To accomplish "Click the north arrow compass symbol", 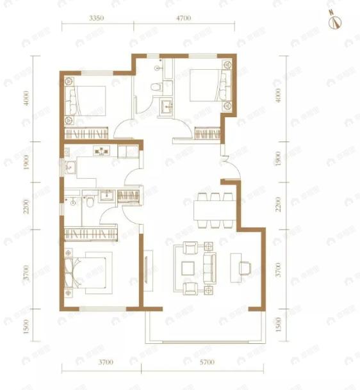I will pyautogui.click(x=333, y=20).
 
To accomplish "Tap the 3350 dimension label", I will pyautogui.click(x=96, y=18).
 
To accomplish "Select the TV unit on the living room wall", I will pyautogui.click(x=147, y=272).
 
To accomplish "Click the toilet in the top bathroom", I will pyautogui.click(x=154, y=87).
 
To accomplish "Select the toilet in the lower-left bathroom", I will pyautogui.click(x=92, y=202).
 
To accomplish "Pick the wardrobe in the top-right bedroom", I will pyautogui.click(x=208, y=134).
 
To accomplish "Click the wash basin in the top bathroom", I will pyautogui.click(x=167, y=107).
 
